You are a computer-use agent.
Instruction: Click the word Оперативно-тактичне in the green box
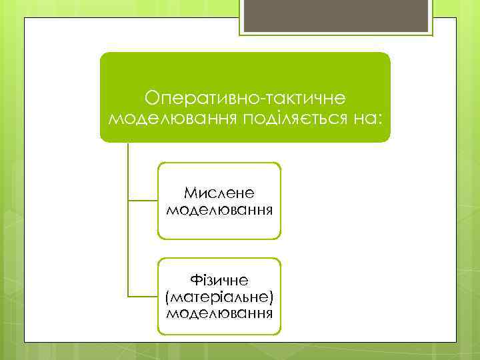(245, 98)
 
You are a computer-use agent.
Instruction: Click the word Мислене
(219, 193)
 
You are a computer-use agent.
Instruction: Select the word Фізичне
(219, 279)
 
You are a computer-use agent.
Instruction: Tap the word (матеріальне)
(219, 295)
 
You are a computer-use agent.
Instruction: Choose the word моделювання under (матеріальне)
(219, 311)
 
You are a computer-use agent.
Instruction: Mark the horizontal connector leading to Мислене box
(142, 200)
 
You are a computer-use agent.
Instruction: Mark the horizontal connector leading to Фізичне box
(142, 296)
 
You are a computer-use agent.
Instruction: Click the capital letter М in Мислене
(189, 193)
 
